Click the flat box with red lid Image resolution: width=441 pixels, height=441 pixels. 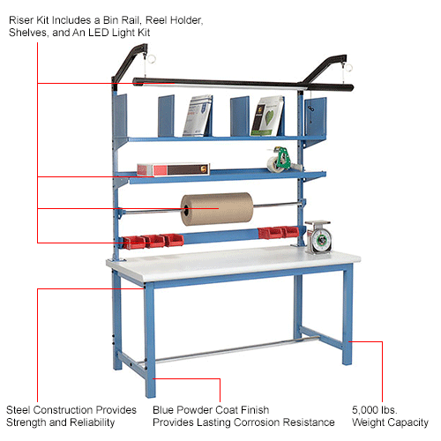click(x=168, y=168)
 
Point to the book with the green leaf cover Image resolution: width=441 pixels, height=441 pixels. click(x=266, y=116)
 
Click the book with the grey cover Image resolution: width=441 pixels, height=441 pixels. click(x=198, y=116)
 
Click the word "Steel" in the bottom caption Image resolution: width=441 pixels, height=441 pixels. click(x=19, y=410)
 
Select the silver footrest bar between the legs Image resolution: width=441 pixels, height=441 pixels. click(x=229, y=350)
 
